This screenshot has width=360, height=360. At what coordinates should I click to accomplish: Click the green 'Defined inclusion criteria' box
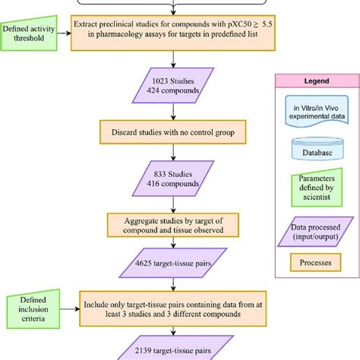[28, 309]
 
